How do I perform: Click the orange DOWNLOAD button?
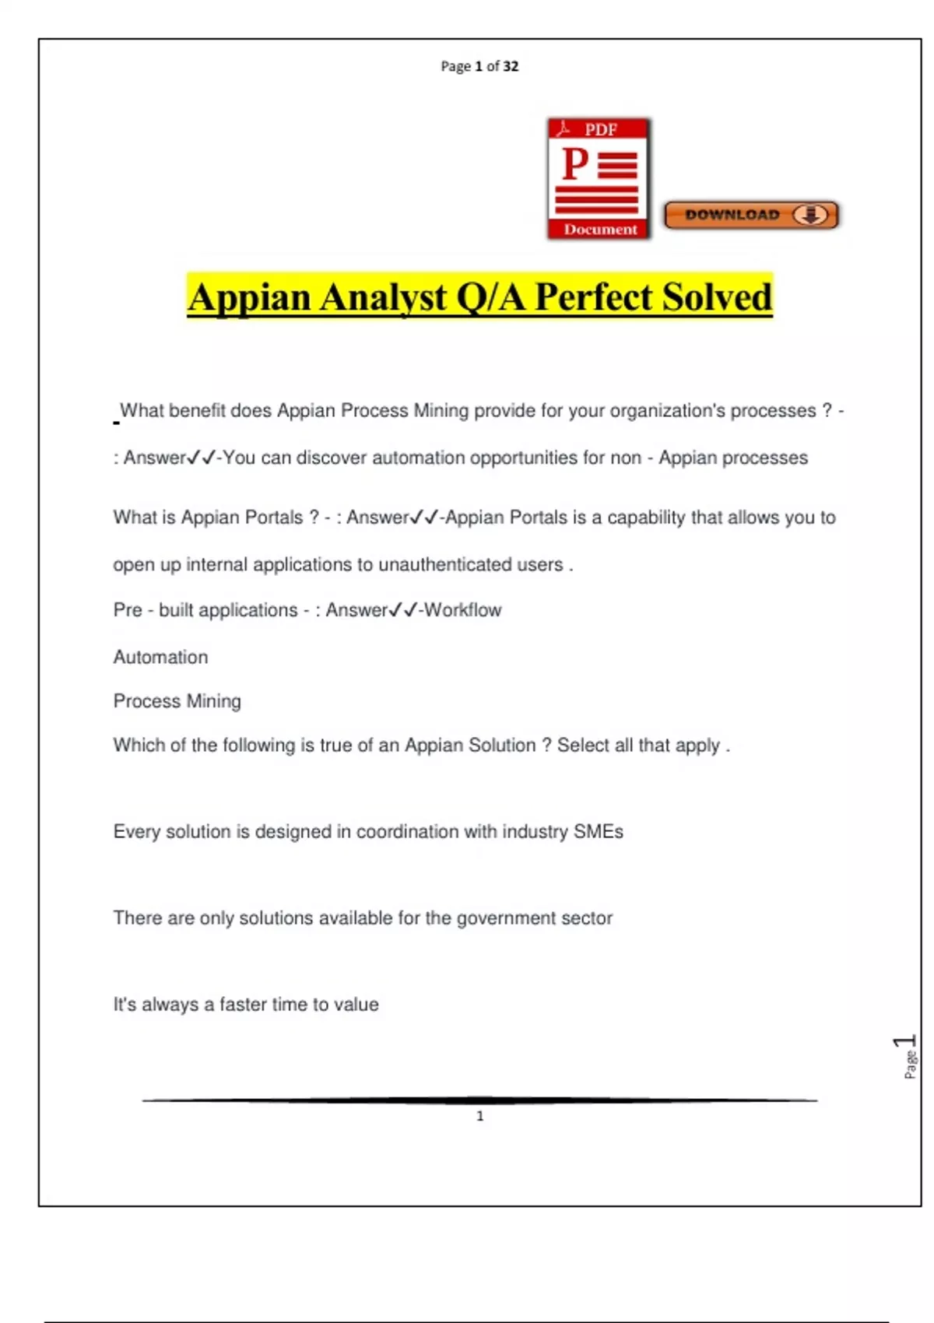coord(751,215)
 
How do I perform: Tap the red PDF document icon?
coord(599,178)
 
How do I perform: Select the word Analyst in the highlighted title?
coord(382,297)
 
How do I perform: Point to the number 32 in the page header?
coord(511,66)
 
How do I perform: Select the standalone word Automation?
coord(160,657)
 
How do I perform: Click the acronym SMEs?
coord(599,831)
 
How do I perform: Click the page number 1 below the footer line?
coord(480,1116)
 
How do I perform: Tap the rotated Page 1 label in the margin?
coord(908,1056)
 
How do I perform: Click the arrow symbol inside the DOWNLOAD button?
coord(811,215)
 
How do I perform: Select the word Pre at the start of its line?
coord(128,610)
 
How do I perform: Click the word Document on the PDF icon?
coord(600,229)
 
